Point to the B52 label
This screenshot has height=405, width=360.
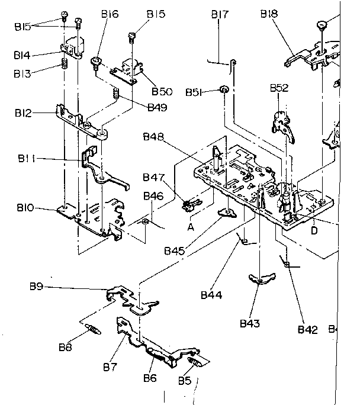[279, 88]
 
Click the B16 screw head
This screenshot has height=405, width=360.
[95, 60]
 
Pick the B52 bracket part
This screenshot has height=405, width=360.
[281, 121]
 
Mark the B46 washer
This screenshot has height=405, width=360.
[144, 222]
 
